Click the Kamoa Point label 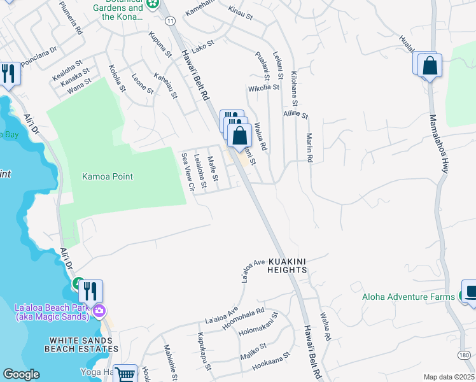point(108,176)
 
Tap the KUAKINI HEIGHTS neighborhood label point(288,265)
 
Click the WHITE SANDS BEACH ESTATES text point(81,344)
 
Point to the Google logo point(21,374)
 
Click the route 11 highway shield point(170,21)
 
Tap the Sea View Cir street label point(187,172)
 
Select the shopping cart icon point(125,374)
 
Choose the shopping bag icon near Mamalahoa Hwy point(430,66)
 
